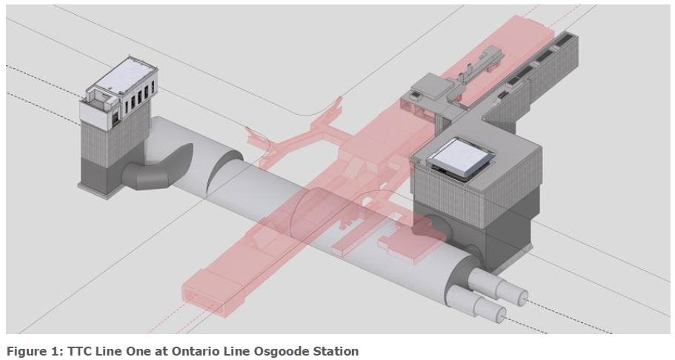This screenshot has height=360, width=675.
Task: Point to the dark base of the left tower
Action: pos(104,178)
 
